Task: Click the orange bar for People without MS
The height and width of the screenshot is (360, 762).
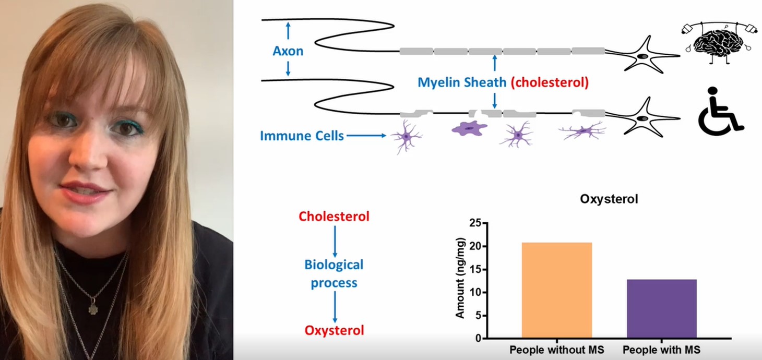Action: [x=556, y=290]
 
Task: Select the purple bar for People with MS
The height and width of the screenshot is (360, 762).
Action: [x=661, y=308]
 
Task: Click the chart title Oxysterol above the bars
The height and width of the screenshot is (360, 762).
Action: [x=609, y=199]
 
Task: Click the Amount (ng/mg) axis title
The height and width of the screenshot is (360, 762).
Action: [x=460, y=278]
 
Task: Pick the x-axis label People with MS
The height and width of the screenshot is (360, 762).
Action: [x=661, y=350]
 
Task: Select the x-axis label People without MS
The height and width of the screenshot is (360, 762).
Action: [x=556, y=350]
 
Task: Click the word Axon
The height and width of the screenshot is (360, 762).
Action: [x=288, y=51]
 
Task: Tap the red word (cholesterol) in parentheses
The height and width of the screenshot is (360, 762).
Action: [x=550, y=82]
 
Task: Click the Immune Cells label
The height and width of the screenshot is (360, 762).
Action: [x=302, y=136]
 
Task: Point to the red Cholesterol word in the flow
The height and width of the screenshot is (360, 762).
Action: [x=334, y=216]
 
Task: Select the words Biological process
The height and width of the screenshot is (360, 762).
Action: [x=334, y=273]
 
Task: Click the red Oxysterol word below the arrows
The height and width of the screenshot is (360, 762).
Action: [x=334, y=330]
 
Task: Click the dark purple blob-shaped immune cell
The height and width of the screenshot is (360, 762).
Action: [x=469, y=128]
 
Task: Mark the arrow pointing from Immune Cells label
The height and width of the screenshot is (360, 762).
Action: [x=366, y=136]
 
